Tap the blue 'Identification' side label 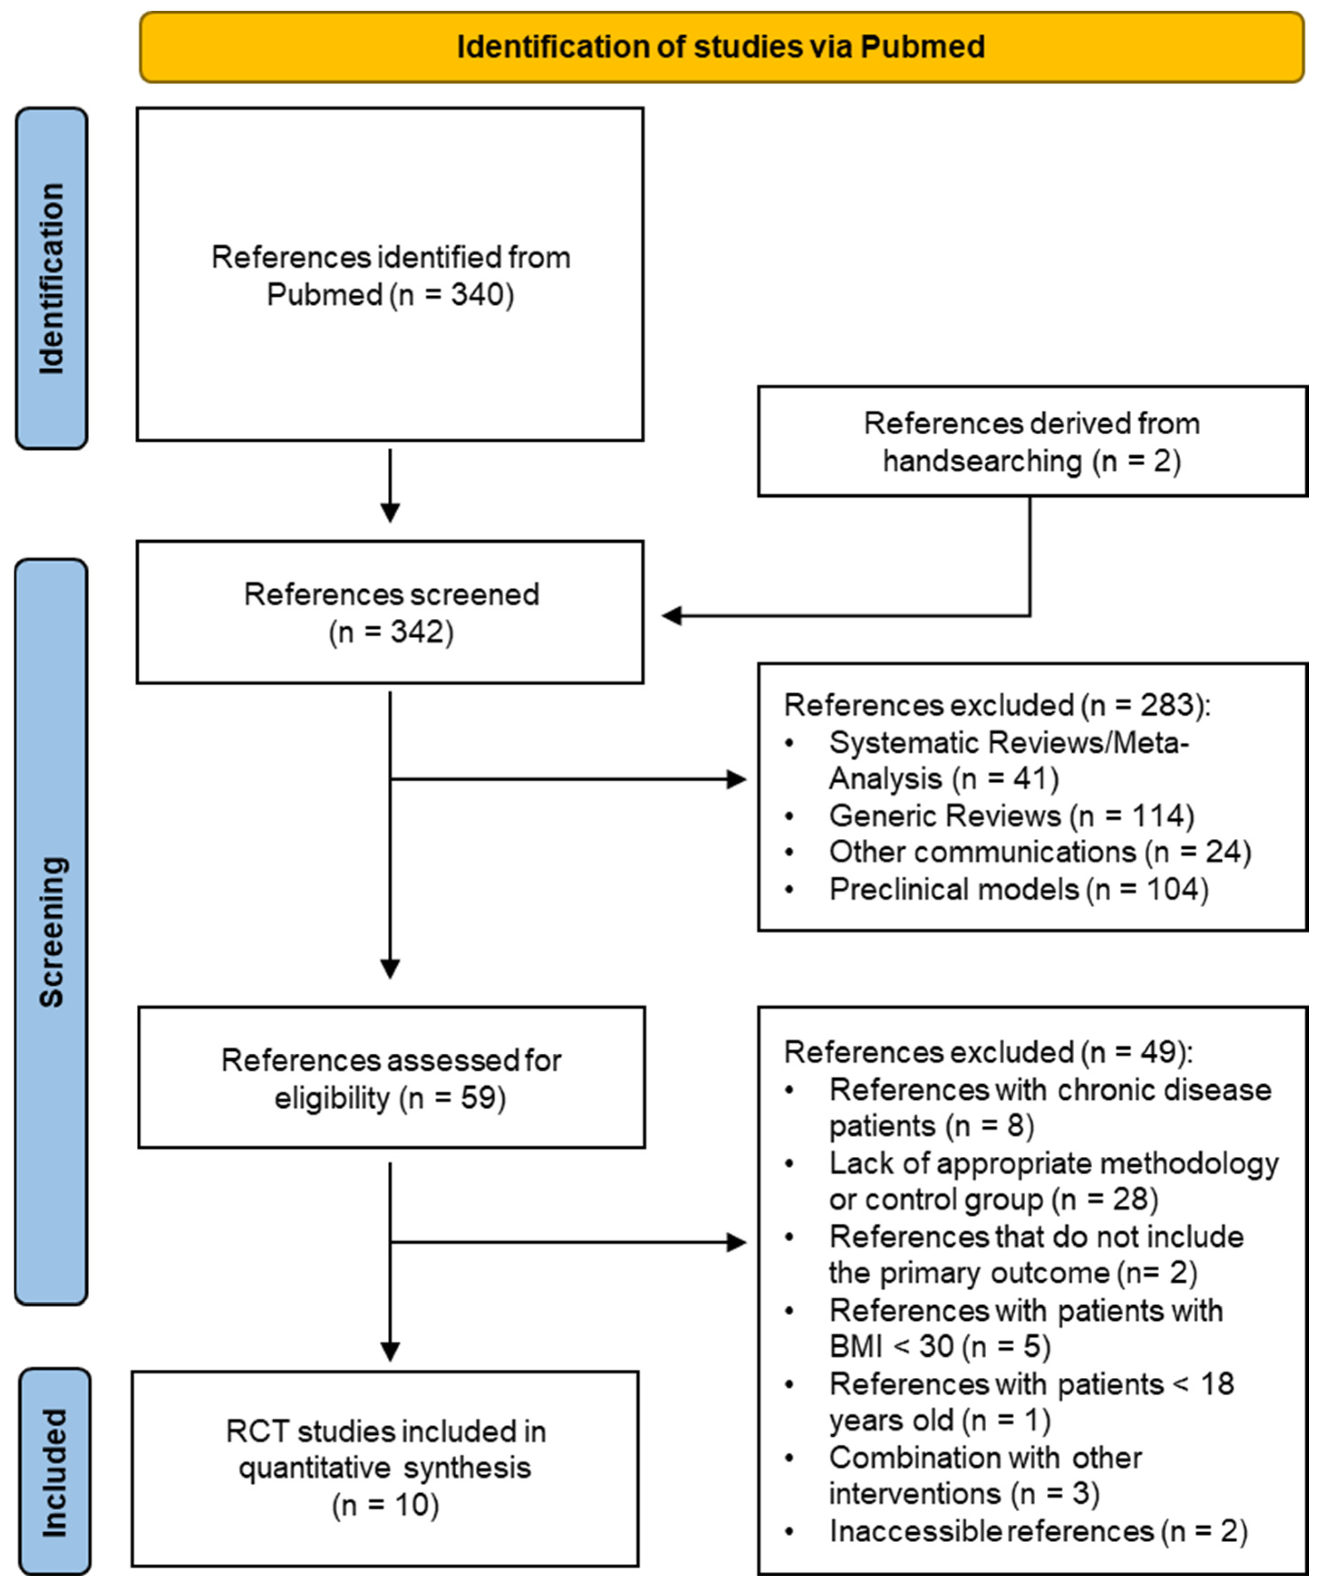(51, 278)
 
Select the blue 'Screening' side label (51, 932)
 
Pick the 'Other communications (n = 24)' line (1039, 852)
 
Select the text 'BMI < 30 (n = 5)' (940, 1346)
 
